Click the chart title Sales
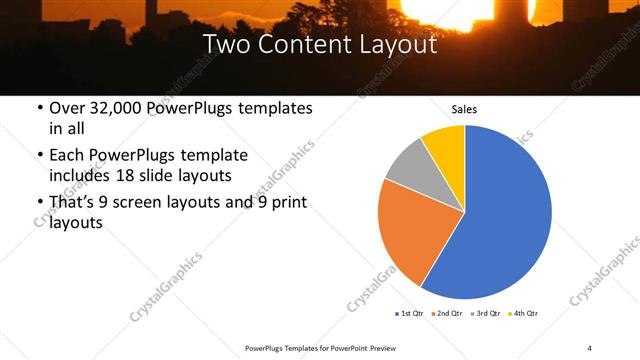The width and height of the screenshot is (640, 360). pos(464,108)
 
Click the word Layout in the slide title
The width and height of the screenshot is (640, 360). pos(402,45)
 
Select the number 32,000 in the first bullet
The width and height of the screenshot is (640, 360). pos(116,108)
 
